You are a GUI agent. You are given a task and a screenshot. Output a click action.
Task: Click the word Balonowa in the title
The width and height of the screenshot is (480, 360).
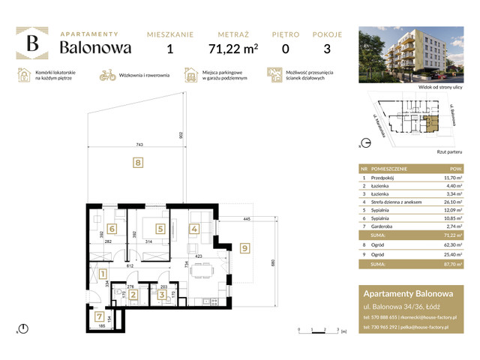tap(96, 48)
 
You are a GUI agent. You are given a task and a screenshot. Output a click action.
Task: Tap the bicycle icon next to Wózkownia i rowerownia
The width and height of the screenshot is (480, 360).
tap(107, 75)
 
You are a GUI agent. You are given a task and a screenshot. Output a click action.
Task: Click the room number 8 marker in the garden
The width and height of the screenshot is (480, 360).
tap(137, 161)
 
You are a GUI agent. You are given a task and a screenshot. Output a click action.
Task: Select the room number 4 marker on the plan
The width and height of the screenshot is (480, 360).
tap(193, 229)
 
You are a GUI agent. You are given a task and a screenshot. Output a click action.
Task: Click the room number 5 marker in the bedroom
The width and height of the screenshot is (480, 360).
tap(160, 229)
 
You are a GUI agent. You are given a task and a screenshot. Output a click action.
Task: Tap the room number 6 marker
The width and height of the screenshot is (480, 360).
tap(112, 229)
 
